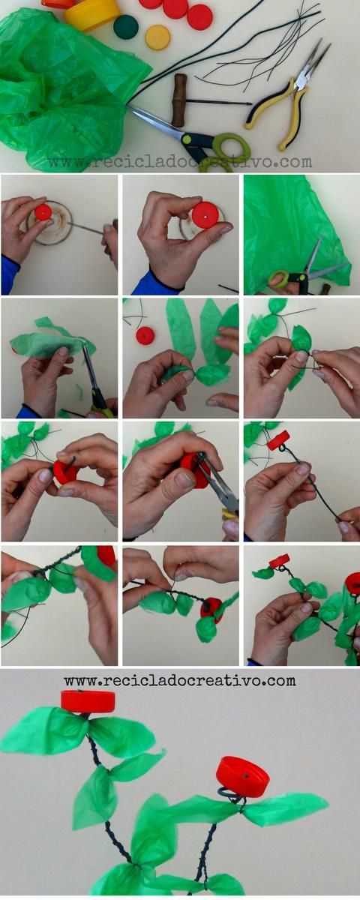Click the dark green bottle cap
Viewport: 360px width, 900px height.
click(x=126, y=27)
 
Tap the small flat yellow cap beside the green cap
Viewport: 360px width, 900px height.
click(x=157, y=37)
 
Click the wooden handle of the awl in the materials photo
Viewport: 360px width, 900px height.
click(x=179, y=100)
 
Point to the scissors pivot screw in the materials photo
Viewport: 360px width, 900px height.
click(x=187, y=139)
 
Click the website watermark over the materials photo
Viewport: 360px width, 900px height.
click(x=180, y=161)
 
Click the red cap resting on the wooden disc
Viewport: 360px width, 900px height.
click(x=43, y=211)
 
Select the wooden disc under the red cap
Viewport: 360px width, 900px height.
click(x=48, y=222)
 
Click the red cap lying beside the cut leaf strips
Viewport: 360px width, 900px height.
click(x=145, y=335)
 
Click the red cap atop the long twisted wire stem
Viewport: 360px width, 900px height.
click(x=279, y=440)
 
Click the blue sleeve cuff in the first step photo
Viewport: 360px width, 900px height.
click(x=9, y=274)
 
